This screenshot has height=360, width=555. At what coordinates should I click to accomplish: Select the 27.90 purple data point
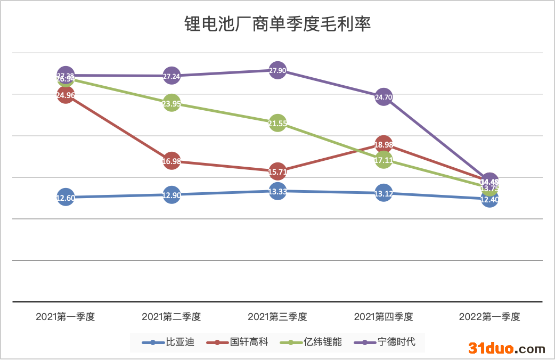(277, 70)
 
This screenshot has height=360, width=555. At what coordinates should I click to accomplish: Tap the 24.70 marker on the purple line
(383, 97)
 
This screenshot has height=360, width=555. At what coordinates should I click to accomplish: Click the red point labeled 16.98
(172, 161)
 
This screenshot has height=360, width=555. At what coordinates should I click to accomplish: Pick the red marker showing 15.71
(277, 171)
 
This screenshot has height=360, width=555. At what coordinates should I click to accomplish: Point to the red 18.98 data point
(383, 144)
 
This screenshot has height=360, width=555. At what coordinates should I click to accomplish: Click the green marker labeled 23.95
(172, 104)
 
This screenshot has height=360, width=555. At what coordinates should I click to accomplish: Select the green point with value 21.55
(277, 124)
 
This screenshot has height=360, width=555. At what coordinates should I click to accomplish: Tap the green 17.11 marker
(383, 159)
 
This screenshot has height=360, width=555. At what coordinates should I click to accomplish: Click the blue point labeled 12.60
(66, 198)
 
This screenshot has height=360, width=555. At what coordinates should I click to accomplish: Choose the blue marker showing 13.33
(277, 191)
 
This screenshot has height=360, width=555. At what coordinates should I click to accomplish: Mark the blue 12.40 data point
(489, 199)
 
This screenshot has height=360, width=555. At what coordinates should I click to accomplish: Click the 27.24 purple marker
(172, 76)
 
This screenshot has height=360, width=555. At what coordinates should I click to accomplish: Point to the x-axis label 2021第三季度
(277, 317)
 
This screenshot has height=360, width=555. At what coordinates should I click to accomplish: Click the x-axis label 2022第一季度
(489, 317)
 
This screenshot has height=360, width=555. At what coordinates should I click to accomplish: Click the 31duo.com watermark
(507, 348)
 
